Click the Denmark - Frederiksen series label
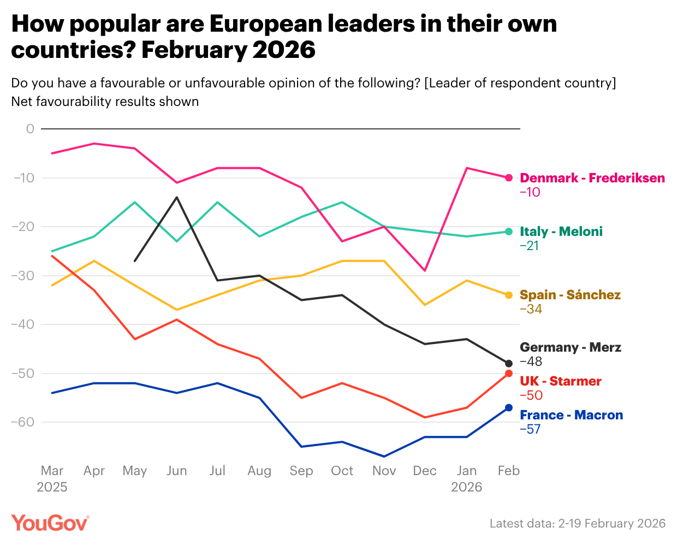tap(592, 178)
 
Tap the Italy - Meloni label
tap(561, 232)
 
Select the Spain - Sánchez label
tap(570, 295)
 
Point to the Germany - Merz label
tap(571, 347)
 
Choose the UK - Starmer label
tap(561, 381)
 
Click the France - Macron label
tap(571, 415)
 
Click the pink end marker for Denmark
tap(509, 177)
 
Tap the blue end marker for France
tap(509, 407)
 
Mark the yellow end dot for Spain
tap(509, 295)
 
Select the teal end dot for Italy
tap(509, 232)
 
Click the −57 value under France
tap(530, 429)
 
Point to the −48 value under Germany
tap(531, 362)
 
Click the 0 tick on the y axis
tap(30, 129)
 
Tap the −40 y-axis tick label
tap(23, 324)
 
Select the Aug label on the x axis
tap(259, 471)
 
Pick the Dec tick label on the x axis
tap(425, 471)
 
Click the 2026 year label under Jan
tap(466, 487)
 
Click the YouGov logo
tap(50, 523)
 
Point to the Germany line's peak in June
tap(176, 197)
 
